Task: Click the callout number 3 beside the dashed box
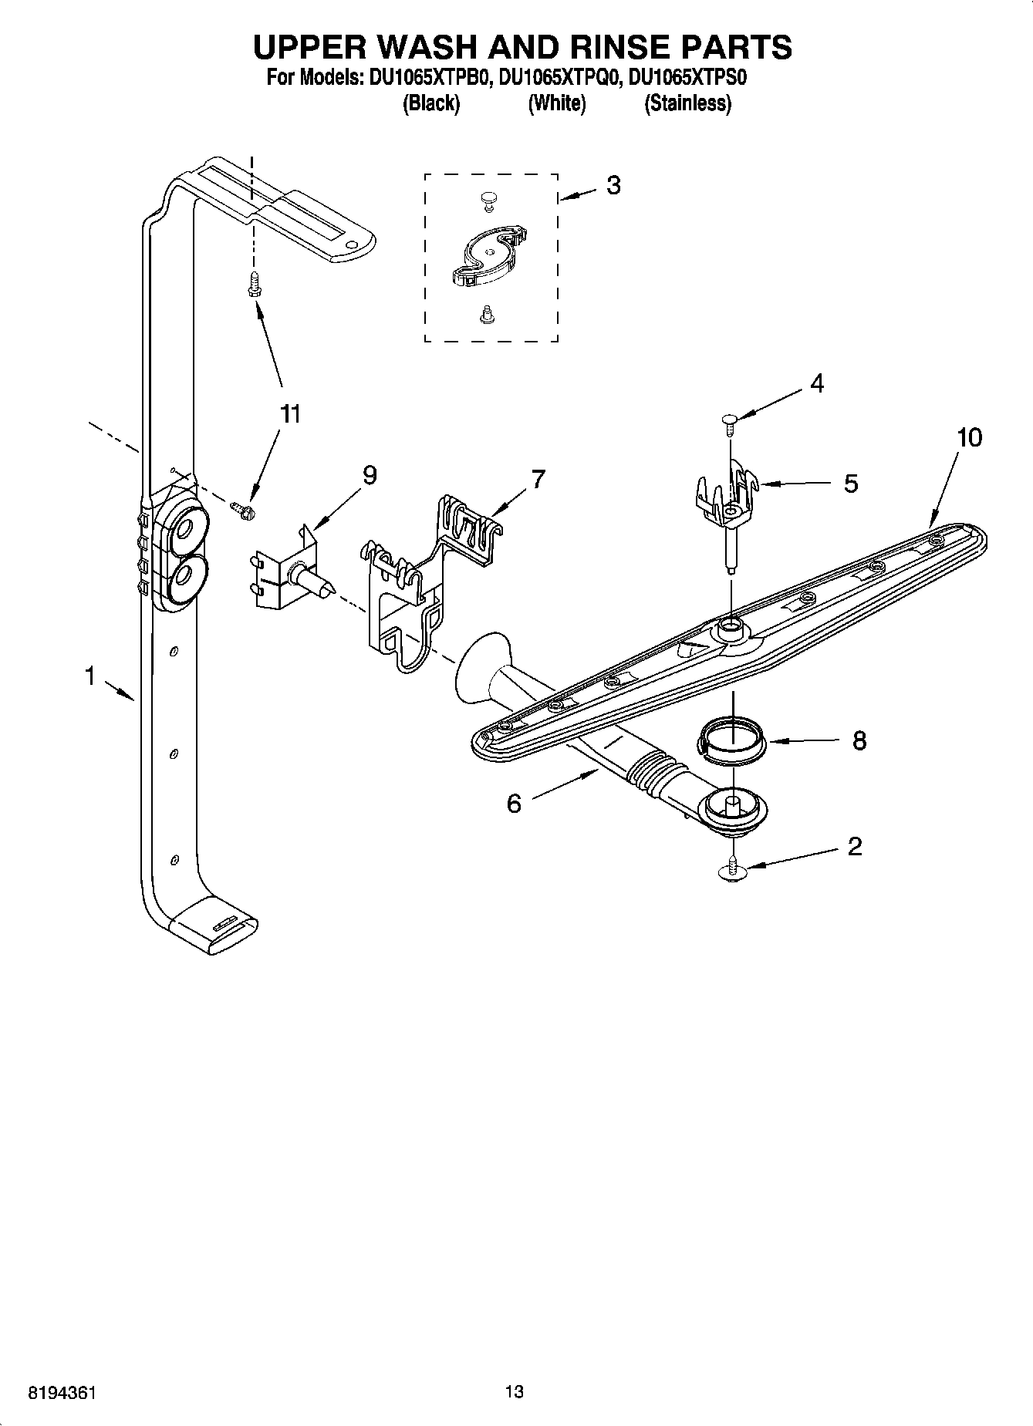point(613,186)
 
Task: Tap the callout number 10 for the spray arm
point(969,437)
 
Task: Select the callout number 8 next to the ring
point(859,741)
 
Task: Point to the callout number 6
point(514,804)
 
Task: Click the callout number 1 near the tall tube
point(90,676)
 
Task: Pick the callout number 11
point(289,414)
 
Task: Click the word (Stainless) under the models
point(687,103)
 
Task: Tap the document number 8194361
point(62,1393)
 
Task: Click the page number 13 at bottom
point(514,1391)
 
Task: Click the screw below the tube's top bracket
point(251,286)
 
